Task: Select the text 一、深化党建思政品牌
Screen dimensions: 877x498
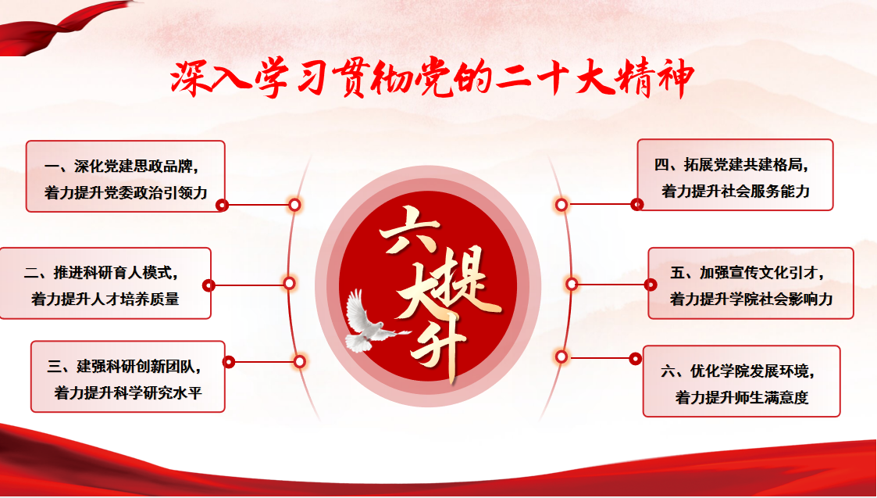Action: pos(122,167)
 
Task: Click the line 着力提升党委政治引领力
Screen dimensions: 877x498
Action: pos(126,192)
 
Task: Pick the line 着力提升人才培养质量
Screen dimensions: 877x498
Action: pos(105,299)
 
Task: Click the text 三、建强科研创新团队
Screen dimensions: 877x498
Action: pos(125,367)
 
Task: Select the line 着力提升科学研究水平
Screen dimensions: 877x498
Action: pos(128,392)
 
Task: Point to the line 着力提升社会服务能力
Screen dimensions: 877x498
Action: pos(736,191)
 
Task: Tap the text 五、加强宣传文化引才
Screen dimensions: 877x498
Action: pos(749,273)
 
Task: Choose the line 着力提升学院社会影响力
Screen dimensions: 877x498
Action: pos(752,299)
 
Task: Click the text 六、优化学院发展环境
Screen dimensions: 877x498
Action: pos(738,371)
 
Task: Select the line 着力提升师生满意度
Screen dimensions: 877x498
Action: pos(742,397)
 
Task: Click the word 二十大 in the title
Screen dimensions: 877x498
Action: pos(551,79)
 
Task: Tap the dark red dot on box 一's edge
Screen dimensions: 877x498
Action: pos(222,206)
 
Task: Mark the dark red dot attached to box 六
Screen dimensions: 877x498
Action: pos(636,359)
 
